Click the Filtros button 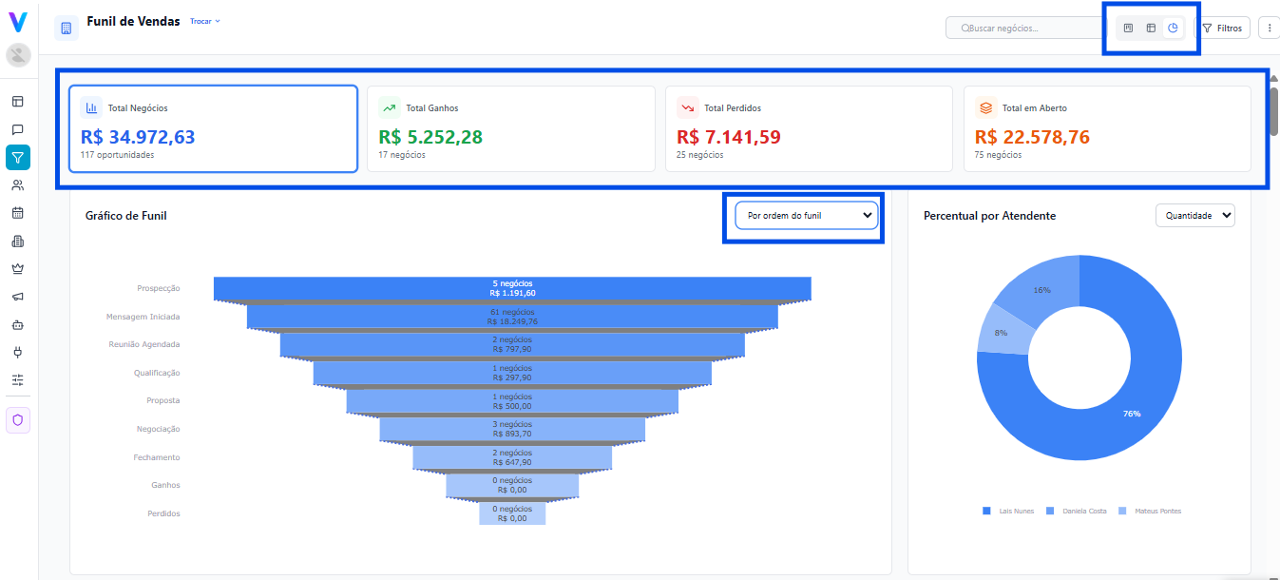click(1222, 29)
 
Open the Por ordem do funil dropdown click(806, 216)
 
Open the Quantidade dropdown click(1194, 216)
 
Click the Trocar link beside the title click(204, 21)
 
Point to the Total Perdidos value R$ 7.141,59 click(729, 137)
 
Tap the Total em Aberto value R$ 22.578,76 click(1032, 137)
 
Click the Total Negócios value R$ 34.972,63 click(138, 137)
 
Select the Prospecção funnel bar click(512, 288)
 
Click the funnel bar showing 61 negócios click(512, 317)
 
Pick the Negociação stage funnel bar click(512, 429)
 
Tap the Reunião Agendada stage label click(143, 344)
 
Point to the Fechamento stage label click(156, 457)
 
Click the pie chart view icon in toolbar click(1174, 29)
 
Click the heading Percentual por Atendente click(989, 216)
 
